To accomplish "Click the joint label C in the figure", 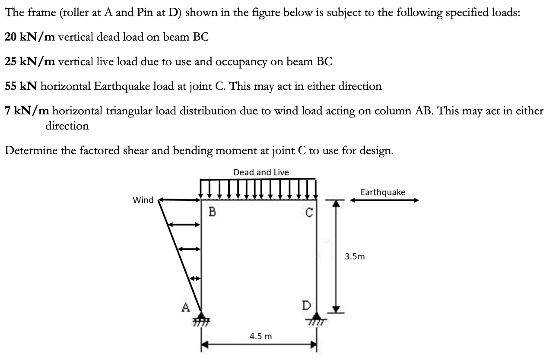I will (308, 212).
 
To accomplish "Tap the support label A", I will (185, 307).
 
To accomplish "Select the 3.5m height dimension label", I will (355, 257).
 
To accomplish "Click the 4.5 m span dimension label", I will (261, 336).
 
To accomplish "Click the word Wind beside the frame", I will (143, 200).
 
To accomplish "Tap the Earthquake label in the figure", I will (383, 192).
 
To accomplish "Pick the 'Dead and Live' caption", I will (261, 172).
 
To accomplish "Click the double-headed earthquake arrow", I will (384, 200).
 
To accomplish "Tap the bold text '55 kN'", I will (22, 86).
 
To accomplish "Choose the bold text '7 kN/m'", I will (26, 111).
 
